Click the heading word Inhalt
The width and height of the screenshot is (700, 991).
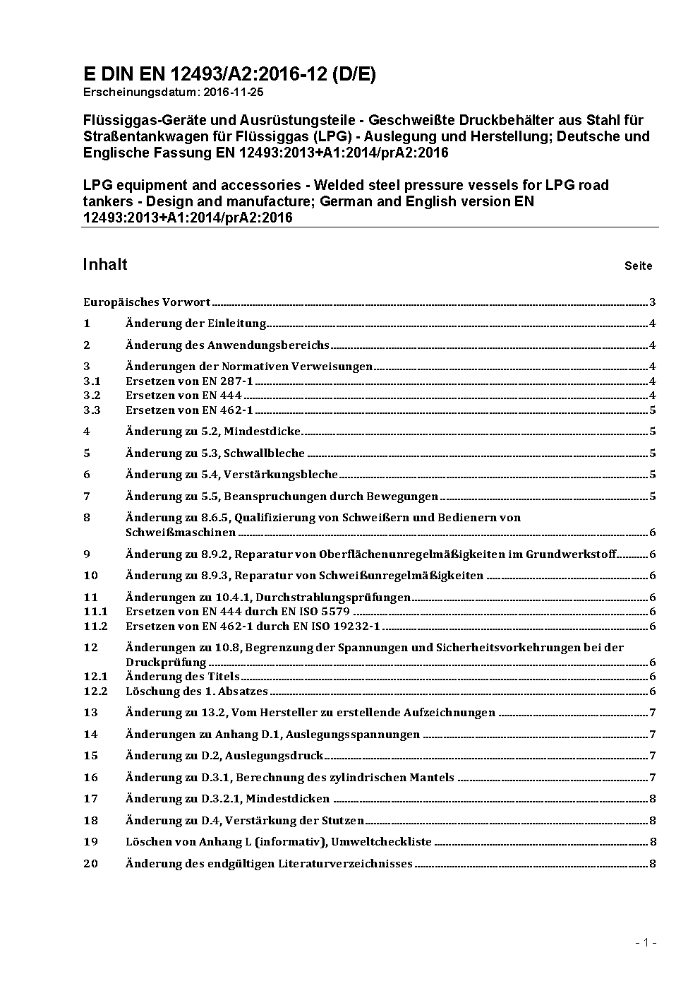pos(105,264)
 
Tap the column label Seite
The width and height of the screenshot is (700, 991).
pos(638,266)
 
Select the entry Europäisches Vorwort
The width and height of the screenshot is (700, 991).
pos(147,302)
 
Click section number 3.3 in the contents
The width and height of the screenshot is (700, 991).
pos(92,410)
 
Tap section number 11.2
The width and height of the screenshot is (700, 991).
pos(95,627)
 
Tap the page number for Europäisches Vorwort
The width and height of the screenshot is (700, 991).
pos(653,302)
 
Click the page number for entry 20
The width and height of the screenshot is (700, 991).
pos(653,864)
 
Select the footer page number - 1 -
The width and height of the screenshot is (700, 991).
pos(646,942)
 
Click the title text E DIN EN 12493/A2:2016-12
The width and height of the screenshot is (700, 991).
pos(205,75)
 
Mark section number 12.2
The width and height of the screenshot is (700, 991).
pos(95,692)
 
